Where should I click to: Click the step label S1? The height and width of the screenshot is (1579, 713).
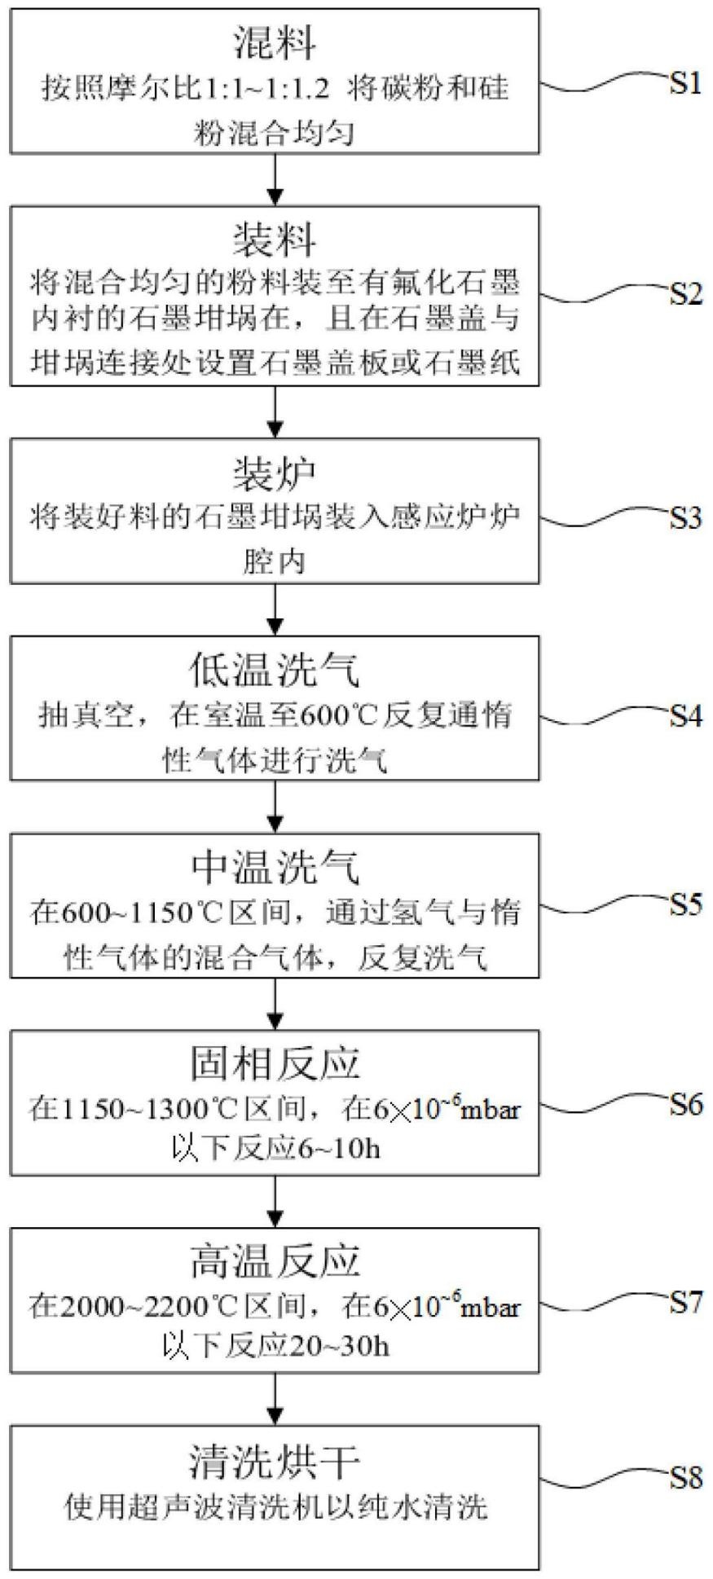(x=684, y=82)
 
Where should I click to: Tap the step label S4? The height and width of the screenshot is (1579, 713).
(x=684, y=715)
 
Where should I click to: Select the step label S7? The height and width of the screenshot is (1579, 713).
(x=684, y=1302)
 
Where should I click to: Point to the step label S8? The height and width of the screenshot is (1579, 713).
(x=684, y=1476)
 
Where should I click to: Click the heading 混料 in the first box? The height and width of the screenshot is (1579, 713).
(x=275, y=43)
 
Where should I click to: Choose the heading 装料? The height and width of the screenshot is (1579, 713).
(x=275, y=239)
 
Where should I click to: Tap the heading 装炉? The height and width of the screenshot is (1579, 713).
(x=275, y=473)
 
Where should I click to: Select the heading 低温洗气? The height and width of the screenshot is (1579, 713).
(x=275, y=670)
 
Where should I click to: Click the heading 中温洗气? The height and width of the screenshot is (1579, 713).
(x=275, y=867)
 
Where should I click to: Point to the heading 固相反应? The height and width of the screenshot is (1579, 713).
(x=275, y=1064)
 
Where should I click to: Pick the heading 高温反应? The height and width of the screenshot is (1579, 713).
(x=275, y=1261)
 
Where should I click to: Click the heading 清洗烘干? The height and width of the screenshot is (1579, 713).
(x=275, y=1460)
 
